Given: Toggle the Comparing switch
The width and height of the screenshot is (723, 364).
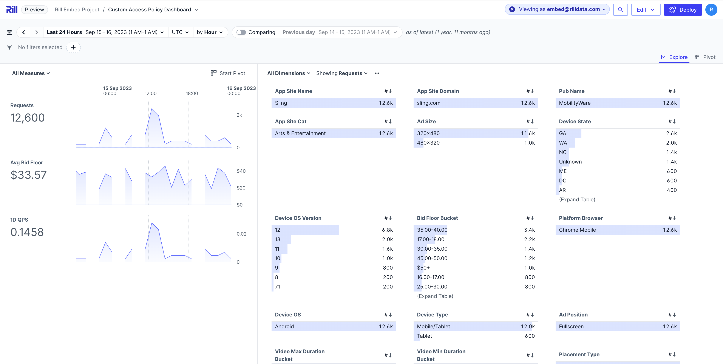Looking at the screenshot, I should [x=241, y=32].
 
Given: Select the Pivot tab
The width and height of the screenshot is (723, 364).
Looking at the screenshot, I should [x=705, y=57].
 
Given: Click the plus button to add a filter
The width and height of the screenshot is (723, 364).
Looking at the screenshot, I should [x=73, y=47].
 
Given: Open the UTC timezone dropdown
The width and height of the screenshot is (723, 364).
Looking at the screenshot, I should [x=180, y=32].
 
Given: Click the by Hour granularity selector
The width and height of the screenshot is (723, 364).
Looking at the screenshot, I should [x=210, y=32].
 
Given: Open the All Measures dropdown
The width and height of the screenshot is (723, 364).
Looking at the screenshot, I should [x=31, y=73].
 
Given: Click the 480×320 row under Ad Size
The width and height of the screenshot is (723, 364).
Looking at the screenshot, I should [x=476, y=143].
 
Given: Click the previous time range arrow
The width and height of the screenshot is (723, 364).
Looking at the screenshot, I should [x=24, y=32].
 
